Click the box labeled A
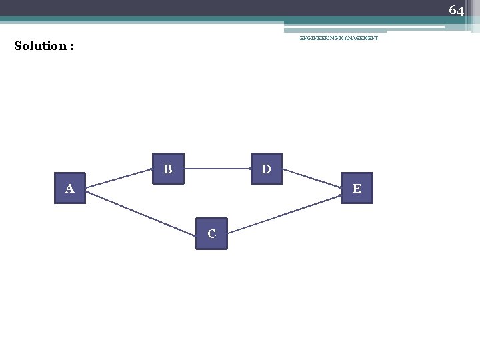[x=69, y=189]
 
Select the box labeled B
[x=168, y=169]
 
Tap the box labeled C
[x=211, y=233]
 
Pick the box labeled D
[x=266, y=169]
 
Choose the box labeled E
[x=357, y=188]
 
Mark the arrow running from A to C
[x=140, y=213]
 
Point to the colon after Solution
[x=71, y=47]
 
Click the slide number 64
[x=456, y=10]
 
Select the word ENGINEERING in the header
[x=319, y=39]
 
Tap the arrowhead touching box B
[x=149, y=170]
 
